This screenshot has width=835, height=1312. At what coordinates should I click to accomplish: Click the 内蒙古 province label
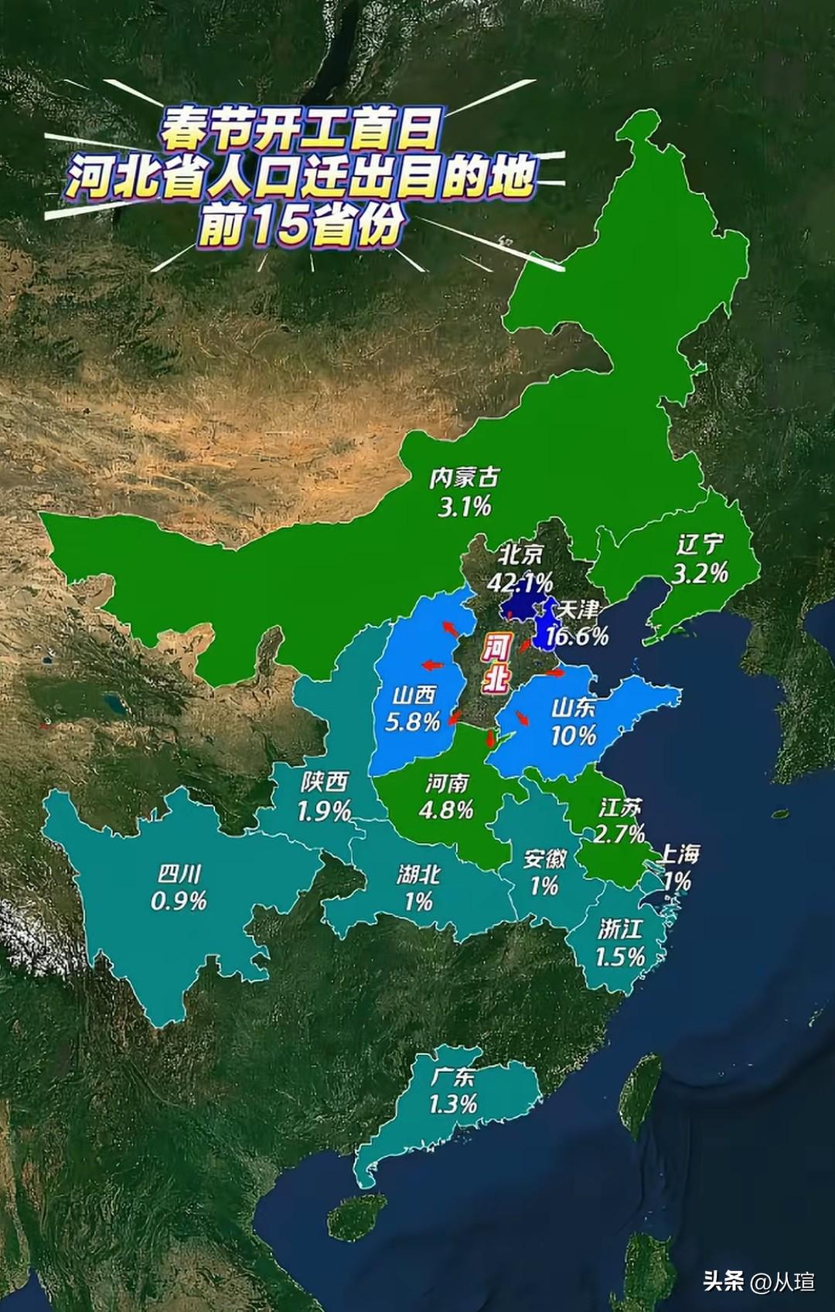[x=464, y=478]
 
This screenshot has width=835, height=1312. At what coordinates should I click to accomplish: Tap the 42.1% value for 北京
[x=520, y=581]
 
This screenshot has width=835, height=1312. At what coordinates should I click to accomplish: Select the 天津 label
[x=578, y=610]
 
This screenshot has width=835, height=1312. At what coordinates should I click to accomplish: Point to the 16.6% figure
[x=577, y=636]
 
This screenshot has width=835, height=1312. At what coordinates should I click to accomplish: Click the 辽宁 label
[x=700, y=545]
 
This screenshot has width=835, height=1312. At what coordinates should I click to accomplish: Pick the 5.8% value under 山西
[x=412, y=722]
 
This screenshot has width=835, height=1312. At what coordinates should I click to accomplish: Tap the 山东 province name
[x=573, y=707]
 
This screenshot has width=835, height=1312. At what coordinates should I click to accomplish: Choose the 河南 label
[x=447, y=783]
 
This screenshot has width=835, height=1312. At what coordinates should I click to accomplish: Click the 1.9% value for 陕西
[x=324, y=811]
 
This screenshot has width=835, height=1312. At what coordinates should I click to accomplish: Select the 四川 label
[x=179, y=874]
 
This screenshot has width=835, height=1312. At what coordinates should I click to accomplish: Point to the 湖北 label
[x=418, y=875]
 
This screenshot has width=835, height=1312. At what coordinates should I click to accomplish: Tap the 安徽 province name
[x=544, y=858]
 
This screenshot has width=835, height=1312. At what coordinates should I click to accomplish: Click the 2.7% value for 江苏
[x=619, y=833]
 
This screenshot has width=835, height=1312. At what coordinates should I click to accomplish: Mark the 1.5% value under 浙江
[x=619, y=957]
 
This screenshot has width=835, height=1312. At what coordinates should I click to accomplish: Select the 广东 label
[x=453, y=1076]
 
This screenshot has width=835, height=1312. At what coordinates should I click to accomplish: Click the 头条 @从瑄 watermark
[x=758, y=1282]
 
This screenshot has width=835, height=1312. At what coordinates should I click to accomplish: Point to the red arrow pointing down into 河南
[x=489, y=739]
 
